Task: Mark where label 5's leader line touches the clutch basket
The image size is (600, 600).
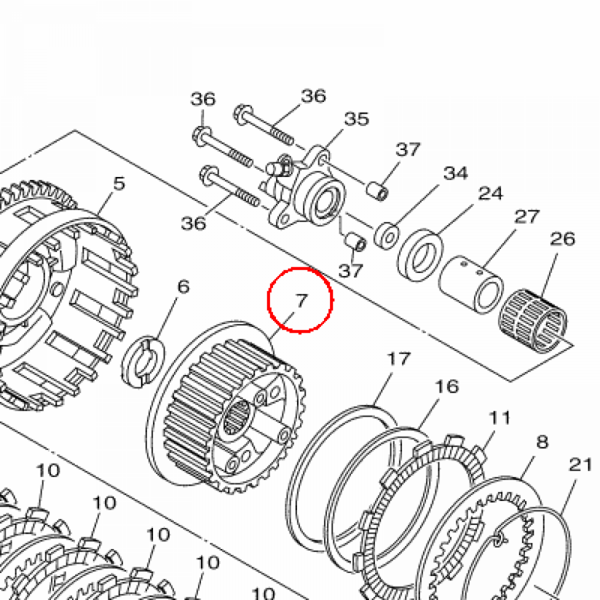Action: click(x=98, y=215)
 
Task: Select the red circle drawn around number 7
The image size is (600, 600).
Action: click(x=300, y=300)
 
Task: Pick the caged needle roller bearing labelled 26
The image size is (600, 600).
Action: click(x=533, y=321)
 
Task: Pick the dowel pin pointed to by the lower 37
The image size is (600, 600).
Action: click(x=356, y=241)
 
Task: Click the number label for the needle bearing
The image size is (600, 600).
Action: click(x=562, y=239)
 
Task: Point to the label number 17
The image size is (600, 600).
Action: click(x=398, y=359)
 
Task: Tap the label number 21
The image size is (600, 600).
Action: click(x=581, y=465)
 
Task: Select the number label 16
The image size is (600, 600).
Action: click(x=446, y=387)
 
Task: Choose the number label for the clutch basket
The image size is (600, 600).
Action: click(x=120, y=183)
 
